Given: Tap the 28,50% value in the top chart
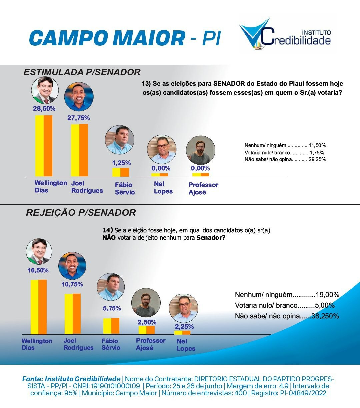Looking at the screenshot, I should [44, 108].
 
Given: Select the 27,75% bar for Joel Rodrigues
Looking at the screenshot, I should [79, 150].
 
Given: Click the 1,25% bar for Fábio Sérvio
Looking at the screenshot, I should [120, 172].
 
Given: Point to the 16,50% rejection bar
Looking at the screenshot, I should [38, 307].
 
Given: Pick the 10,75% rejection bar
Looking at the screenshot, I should [72, 314].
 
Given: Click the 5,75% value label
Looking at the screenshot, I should [112, 308].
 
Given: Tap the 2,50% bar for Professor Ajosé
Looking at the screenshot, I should [147, 330].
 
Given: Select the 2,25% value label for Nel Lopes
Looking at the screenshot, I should [184, 326].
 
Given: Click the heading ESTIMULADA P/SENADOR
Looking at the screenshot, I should [82, 72].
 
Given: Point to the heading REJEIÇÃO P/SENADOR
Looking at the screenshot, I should [81, 213].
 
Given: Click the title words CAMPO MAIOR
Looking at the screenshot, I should [107, 38].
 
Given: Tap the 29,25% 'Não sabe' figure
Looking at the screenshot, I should [317, 159].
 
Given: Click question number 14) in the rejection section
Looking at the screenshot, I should [107, 230].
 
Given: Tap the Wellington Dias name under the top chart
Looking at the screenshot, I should [50, 187].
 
